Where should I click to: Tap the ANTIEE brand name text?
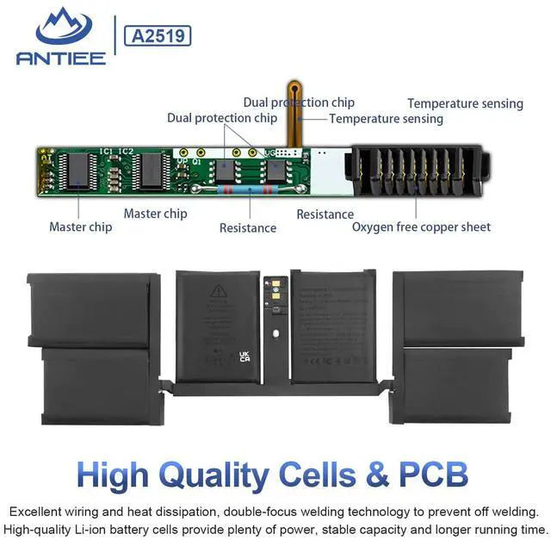coord(60,58)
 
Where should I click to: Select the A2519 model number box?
coord(158,35)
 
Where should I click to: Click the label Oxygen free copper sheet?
coord(421,227)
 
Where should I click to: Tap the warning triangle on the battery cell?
coord(218,289)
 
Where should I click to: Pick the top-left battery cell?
coord(92,308)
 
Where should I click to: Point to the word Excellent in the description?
coord(37,511)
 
